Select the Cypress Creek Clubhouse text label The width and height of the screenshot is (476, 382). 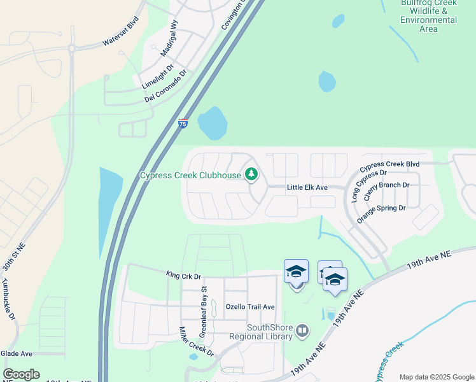(190, 175)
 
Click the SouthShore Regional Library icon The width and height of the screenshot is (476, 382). (302, 330)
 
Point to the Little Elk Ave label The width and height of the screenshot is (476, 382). (307, 187)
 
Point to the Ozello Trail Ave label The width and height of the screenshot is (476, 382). (250, 307)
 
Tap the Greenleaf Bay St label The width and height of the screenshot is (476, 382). (204, 311)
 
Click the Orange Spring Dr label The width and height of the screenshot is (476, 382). (381, 213)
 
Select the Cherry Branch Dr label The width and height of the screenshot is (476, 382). (386, 192)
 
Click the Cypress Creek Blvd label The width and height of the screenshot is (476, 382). (389, 164)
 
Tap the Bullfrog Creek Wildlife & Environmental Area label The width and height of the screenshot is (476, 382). (428, 16)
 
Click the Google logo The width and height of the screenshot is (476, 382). (21, 374)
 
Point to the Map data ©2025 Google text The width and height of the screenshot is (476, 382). (436, 377)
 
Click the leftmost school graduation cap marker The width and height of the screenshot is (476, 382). (296, 272)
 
